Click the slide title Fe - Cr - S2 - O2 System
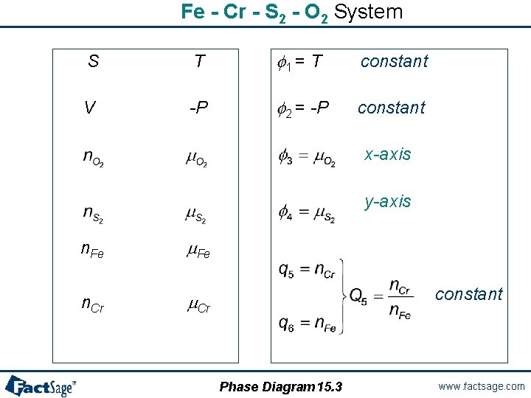[292, 13]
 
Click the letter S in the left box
[93, 61]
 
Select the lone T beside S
[199, 61]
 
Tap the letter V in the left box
[89, 108]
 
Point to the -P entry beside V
[198, 108]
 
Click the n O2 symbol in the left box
[93, 158]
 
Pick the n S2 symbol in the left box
[93, 214]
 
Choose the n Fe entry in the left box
[92, 251]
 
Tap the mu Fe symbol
[198, 251]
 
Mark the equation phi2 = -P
[303, 108]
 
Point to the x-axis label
[388, 154]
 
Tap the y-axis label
[388, 201]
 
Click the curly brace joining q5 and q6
[342, 296]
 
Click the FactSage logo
[41, 385]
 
